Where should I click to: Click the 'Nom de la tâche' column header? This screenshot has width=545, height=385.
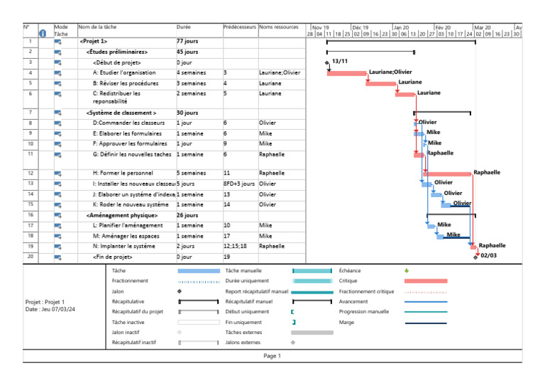[98, 27]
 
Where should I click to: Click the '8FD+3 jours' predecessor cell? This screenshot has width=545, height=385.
[238, 184]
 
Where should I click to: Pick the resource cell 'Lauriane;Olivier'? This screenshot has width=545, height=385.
[280, 72]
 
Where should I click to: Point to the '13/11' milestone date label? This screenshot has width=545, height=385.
[339, 62]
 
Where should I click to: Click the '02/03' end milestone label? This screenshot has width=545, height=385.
[488, 256]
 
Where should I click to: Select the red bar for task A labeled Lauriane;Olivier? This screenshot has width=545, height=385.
[346, 73]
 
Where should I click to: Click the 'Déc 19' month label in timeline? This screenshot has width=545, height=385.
[360, 28]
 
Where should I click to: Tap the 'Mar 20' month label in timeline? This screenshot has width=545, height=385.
[483, 28]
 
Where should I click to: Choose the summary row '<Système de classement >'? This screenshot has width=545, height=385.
[121, 113]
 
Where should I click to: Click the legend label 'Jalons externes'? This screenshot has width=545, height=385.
[242, 342]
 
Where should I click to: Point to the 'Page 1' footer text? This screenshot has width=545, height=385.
[272, 356]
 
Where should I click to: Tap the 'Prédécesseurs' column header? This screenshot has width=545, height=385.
[239, 27]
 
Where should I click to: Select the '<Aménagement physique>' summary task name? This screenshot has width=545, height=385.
[121, 215]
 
